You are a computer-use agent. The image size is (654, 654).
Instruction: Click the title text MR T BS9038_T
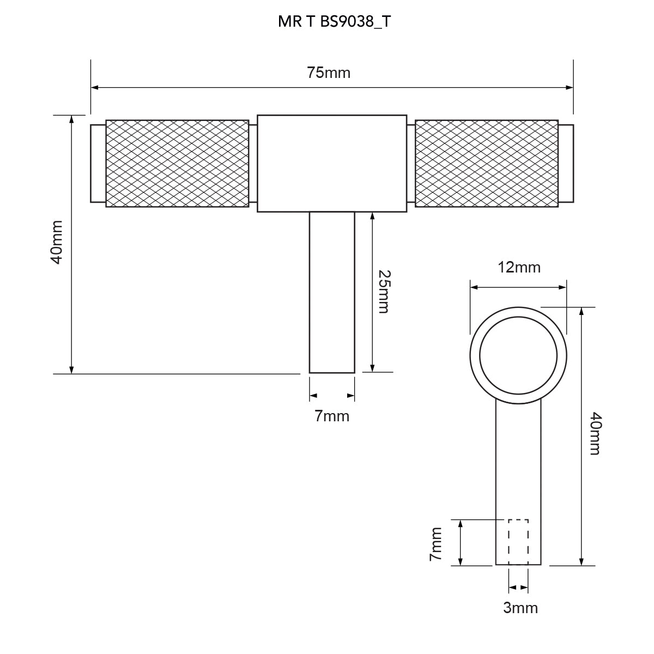tap(334, 22)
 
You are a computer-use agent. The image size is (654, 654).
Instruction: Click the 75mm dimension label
tap(329, 73)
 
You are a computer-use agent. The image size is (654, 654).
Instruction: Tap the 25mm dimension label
tap(385, 292)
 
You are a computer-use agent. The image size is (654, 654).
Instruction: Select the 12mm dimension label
tap(519, 268)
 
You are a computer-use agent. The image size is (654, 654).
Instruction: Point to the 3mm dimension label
tap(520, 608)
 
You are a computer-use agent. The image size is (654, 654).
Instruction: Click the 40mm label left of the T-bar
tap(57, 242)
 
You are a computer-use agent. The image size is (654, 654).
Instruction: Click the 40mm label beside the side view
tap(596, 433)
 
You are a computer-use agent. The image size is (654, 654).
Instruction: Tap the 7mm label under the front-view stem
tap(331, 416)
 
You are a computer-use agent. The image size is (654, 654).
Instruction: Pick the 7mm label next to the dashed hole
tap(435, 544)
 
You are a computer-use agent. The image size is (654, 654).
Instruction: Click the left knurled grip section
tap(177, 163)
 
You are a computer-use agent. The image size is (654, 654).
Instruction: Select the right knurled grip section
tap(486, 163)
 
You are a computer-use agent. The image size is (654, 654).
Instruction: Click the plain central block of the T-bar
tap(332, 163)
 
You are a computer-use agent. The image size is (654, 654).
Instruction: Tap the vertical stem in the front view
tap(332, 293)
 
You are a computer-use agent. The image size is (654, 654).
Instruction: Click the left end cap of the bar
tap(98, 163)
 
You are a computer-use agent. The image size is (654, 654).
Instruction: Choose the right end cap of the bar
tap(566, 163)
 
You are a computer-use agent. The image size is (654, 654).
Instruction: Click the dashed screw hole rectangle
tap(518, 542)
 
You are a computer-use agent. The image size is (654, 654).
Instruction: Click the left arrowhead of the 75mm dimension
tap(95, 88)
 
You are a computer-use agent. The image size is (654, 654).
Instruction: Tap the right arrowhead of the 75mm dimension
tap(570, 88)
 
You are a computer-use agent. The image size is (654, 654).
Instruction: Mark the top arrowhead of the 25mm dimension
tap(372, 216)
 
